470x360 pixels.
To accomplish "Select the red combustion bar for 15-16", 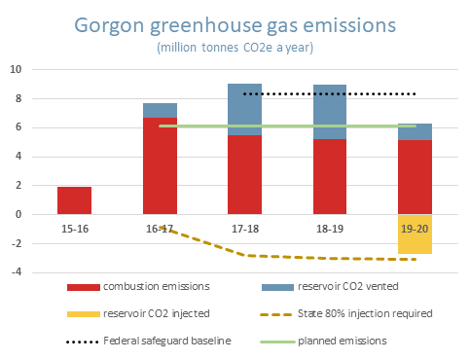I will tap(75, 200).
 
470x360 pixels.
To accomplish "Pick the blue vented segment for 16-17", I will tap(160, 110).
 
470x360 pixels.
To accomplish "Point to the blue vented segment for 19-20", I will tap(415, 132).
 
